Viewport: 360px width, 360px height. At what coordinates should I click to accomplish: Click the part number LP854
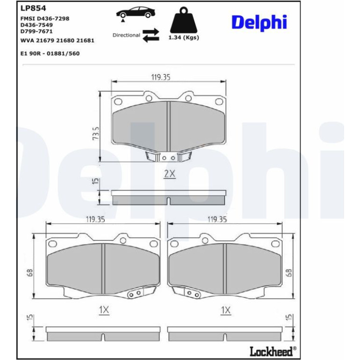click(33, 8)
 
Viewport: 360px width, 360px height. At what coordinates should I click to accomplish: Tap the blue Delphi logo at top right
click(259, 22)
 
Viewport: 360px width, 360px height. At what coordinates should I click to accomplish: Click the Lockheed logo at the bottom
click(273, 351)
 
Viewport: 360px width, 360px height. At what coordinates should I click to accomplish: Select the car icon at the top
click(136, 13)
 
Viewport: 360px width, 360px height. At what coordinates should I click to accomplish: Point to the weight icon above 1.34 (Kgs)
click(184, 20)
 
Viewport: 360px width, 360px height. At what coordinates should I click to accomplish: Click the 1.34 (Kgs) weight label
click(184, 37)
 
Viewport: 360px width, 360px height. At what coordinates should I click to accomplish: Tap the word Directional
click(126, 35)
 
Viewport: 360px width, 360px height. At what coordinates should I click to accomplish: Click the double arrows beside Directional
click(151, 35)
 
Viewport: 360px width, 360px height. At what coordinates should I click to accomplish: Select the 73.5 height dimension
click(96, 133)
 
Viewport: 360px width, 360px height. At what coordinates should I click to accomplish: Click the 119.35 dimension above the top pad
click(161, 77)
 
